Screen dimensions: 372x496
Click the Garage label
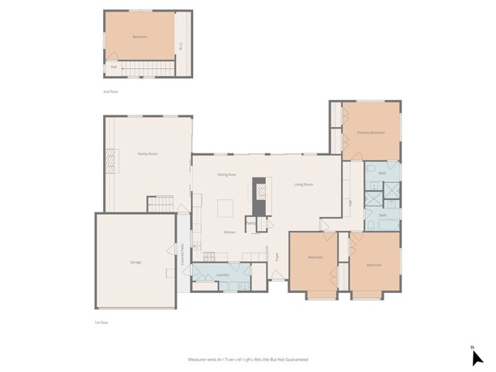pyautogui.click(x=136, y=262)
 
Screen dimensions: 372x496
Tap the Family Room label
pyautogui.click(x=147, y=154)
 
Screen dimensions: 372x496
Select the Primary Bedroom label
pyautogui.click(x=370, y=133)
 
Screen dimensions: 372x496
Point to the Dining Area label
pyautogui.click(x=226, y=174)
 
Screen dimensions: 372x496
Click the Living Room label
pyautogui.click(x=303, y=184)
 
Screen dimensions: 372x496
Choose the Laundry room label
pyautogui.click(x=221, y=274)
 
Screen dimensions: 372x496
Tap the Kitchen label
pyautogui.click(x=229, y=232)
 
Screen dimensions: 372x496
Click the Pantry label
pyautogui.click(x=251, y=222)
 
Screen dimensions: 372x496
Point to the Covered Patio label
pyautogui.click(x=183, y=256)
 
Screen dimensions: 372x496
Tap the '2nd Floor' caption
pyautogui.click(x=111, y=91)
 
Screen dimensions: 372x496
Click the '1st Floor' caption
pyautogui.click(x=102, y=322)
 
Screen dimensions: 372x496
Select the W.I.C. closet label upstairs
pyautogui.click(x=181, y=45)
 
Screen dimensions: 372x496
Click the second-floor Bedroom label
pyautogui.click(x=139, y=36)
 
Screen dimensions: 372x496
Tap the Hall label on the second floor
pyautogui.click(x=113, y=67)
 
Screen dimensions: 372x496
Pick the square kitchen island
pyautogui.click(x=226, y=208)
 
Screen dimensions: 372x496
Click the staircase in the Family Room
pyautogui.click(x=161, y=204)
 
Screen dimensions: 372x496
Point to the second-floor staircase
pyautogui.click(x=147, y=71)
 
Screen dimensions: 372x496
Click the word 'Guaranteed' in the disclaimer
pyautogui.click(x=292, y=360)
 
